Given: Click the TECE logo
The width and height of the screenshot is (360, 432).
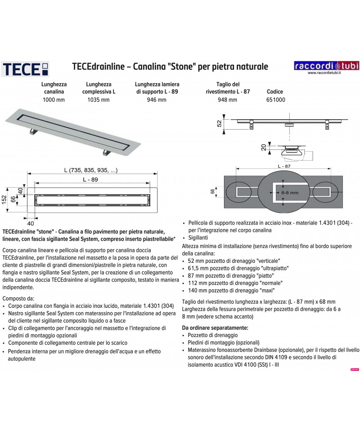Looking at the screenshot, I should click(x=26, y=69).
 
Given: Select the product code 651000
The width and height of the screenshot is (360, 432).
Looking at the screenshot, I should click(x=276, y=100).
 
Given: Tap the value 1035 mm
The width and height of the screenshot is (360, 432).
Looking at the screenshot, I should click(x=96, y=100).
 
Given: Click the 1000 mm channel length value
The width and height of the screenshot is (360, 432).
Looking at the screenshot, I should click(x=54, y=100).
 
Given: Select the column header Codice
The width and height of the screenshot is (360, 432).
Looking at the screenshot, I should click(x=275, y=91).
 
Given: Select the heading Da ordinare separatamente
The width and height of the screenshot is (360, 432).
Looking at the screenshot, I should click(x=215, y=328).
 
